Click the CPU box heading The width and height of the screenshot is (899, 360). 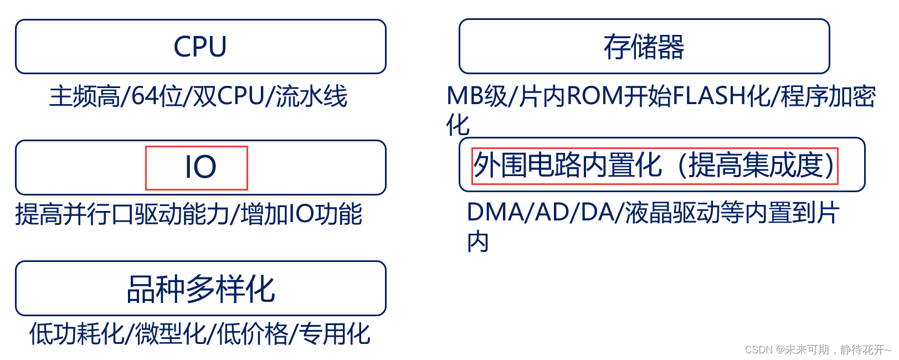coord(200,47)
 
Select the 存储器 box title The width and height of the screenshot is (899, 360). coord(644,47)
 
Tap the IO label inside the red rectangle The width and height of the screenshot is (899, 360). coord(200,167)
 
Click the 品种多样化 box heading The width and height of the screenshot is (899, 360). coord(201,289)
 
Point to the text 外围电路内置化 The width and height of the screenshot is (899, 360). coord(567,165)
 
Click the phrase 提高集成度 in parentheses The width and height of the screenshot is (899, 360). coord(756,165)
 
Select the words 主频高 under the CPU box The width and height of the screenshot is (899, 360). coord(84,96)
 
